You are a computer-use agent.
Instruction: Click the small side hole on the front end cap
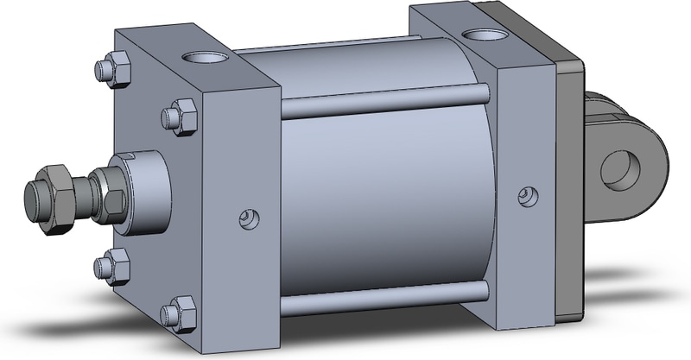(x=247, y=218)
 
